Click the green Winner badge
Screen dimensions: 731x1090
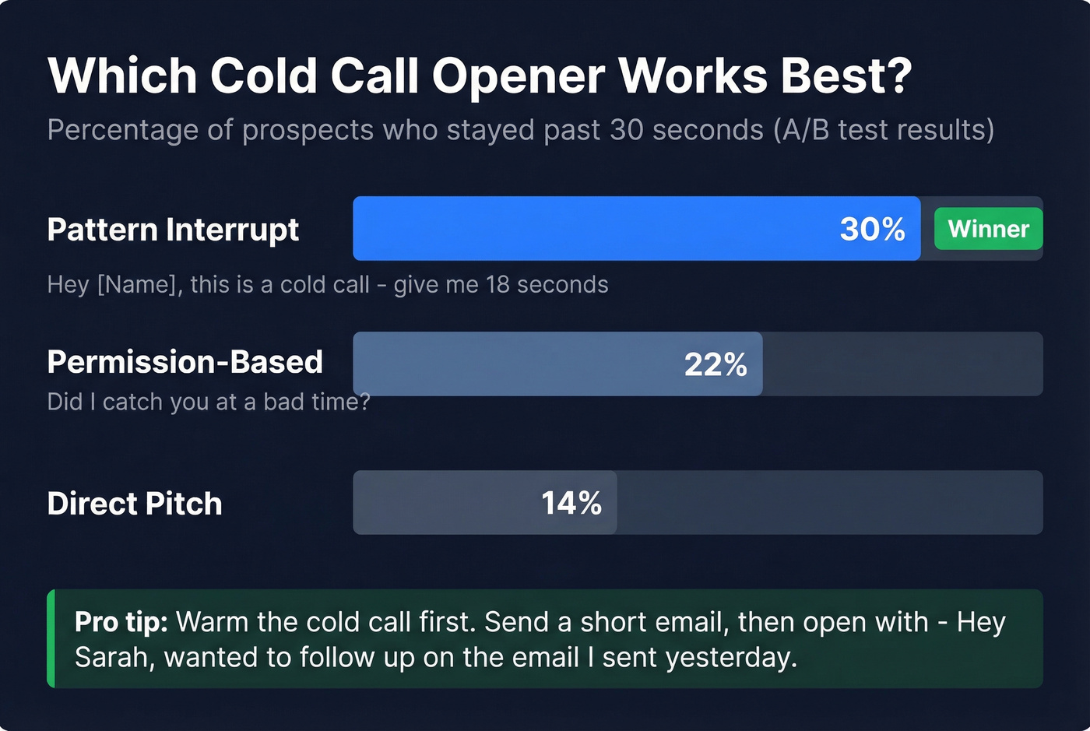(988, 229)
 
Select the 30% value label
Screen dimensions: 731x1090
(872, 229)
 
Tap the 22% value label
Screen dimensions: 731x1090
(716, 364)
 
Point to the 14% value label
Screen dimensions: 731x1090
(571, 503)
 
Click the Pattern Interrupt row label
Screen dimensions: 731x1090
(173, 230)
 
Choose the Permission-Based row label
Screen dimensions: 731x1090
(185, 362)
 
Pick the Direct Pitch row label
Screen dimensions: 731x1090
(135, 504)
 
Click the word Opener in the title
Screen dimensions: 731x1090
(518, 76)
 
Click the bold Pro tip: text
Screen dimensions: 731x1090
(121, 622)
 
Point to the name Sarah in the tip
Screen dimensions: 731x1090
(108, 657)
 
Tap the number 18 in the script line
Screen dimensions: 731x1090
(498, 285)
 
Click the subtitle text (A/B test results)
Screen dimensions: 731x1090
(884, 130)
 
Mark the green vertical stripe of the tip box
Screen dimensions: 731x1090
(51, 638)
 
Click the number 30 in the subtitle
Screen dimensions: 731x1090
(628, 130)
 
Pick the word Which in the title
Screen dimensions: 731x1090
(122, 76)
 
